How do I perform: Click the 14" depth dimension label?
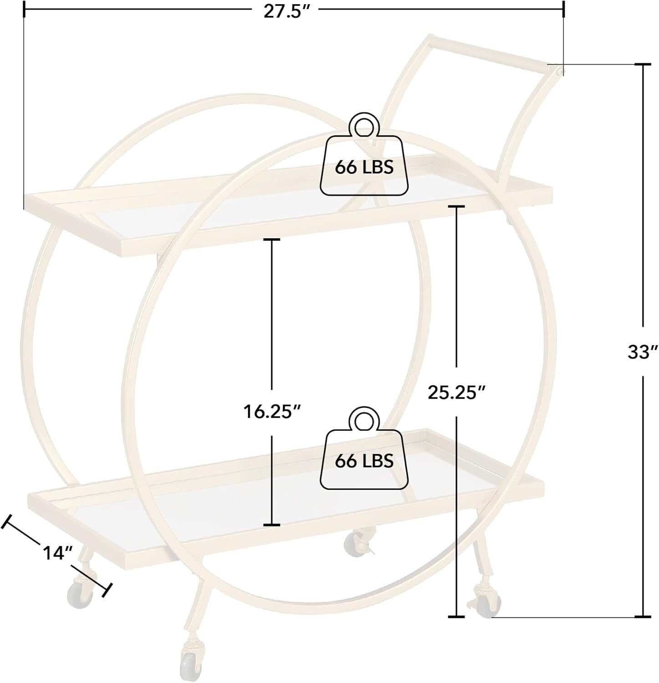[58, 552]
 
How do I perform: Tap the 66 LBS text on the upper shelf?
[364, 168]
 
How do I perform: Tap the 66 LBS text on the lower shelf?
[364, 461]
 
